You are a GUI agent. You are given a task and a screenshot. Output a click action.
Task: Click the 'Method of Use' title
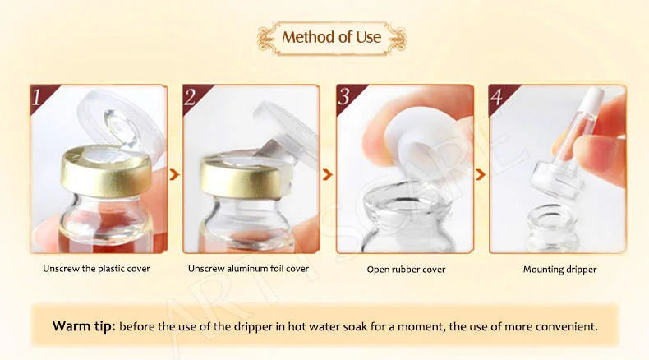[332, 38]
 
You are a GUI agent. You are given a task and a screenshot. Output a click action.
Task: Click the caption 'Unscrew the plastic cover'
[97, 269]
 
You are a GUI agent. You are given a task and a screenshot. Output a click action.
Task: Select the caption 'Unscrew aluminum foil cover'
[249, 269]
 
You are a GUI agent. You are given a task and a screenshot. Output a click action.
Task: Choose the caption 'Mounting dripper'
[559, 269]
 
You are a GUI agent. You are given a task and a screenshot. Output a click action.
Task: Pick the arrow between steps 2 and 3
[328, 174]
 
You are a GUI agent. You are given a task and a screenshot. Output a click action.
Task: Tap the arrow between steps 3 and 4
[481, 174]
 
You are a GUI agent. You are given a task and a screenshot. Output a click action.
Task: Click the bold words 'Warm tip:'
[84, 326]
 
